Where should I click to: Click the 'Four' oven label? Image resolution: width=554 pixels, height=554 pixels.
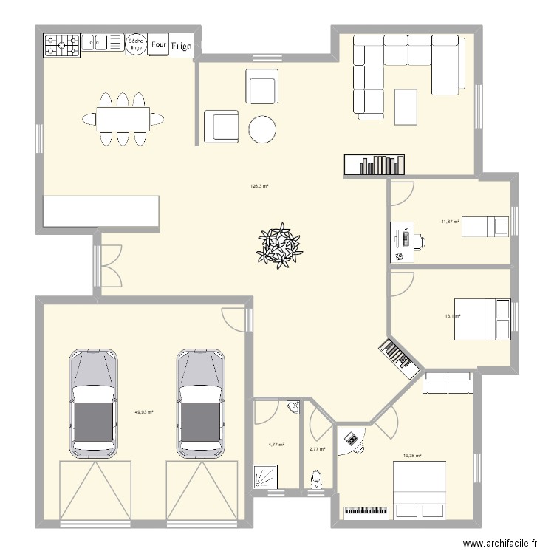point(158,44)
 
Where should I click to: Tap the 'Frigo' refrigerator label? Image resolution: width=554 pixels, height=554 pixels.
point(182,46)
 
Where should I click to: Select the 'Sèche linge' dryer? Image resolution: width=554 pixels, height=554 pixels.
point(135,44)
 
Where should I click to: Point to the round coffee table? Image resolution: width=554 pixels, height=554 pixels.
point(262,129)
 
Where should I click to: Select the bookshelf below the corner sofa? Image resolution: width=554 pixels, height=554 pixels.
point(374,165)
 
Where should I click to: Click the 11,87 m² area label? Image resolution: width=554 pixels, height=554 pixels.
point(450,221)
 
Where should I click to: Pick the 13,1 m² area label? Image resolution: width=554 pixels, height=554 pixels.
point(452,316)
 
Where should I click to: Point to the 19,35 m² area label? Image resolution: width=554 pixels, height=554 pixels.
point(412,456)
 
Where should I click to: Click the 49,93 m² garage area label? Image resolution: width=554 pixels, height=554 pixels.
point(143,412)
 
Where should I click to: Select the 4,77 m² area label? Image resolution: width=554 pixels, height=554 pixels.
point(276,445)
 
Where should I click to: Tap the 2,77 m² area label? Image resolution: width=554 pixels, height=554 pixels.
point(318,448)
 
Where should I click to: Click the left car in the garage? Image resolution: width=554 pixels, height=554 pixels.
point(94,403)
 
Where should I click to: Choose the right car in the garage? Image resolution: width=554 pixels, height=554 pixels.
point(200,403)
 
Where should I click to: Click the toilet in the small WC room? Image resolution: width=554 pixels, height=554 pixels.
point(316,479)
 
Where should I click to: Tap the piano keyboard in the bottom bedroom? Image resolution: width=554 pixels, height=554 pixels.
point(367,511)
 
